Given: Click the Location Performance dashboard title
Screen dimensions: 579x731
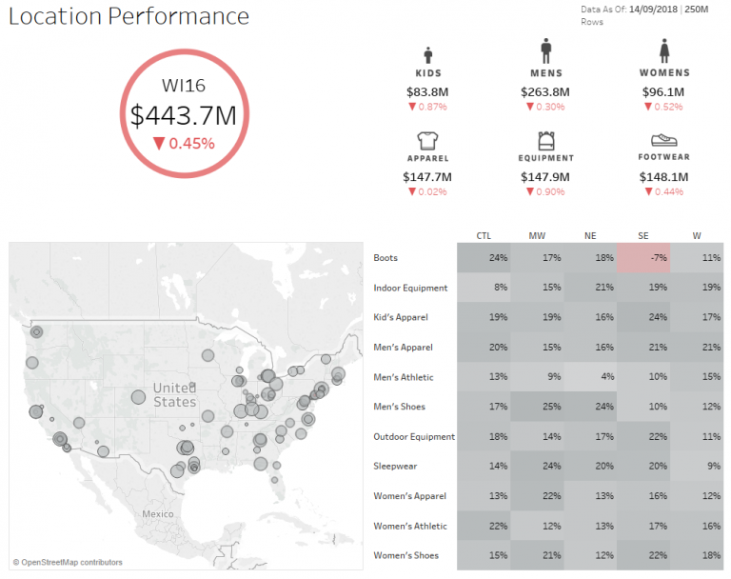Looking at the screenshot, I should [129, 17].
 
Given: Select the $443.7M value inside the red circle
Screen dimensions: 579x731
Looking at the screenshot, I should [184, 115].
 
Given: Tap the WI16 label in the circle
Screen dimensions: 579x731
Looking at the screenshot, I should [184, 86].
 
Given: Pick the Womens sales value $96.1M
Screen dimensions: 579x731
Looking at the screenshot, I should [663, 91].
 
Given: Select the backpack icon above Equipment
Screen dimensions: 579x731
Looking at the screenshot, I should [545, 140].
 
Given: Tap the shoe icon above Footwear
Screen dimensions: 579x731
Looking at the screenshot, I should [663, 140].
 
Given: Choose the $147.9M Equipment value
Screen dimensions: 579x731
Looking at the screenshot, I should [545, 177].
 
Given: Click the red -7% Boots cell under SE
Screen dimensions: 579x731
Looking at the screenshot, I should [643, 257].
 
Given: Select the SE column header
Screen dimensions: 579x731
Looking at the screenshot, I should [643, 235].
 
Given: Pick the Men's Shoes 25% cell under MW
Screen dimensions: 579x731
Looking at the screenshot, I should [537, 407].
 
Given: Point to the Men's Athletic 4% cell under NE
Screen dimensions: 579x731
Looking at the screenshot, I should [590, 377].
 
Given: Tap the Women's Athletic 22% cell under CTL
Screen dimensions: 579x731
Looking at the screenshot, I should [484, 526].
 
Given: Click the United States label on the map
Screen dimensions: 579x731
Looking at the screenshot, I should [174, 395].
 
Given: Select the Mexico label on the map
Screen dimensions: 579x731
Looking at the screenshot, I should [157, 513].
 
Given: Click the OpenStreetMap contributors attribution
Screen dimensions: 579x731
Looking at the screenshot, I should [68, 563].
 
